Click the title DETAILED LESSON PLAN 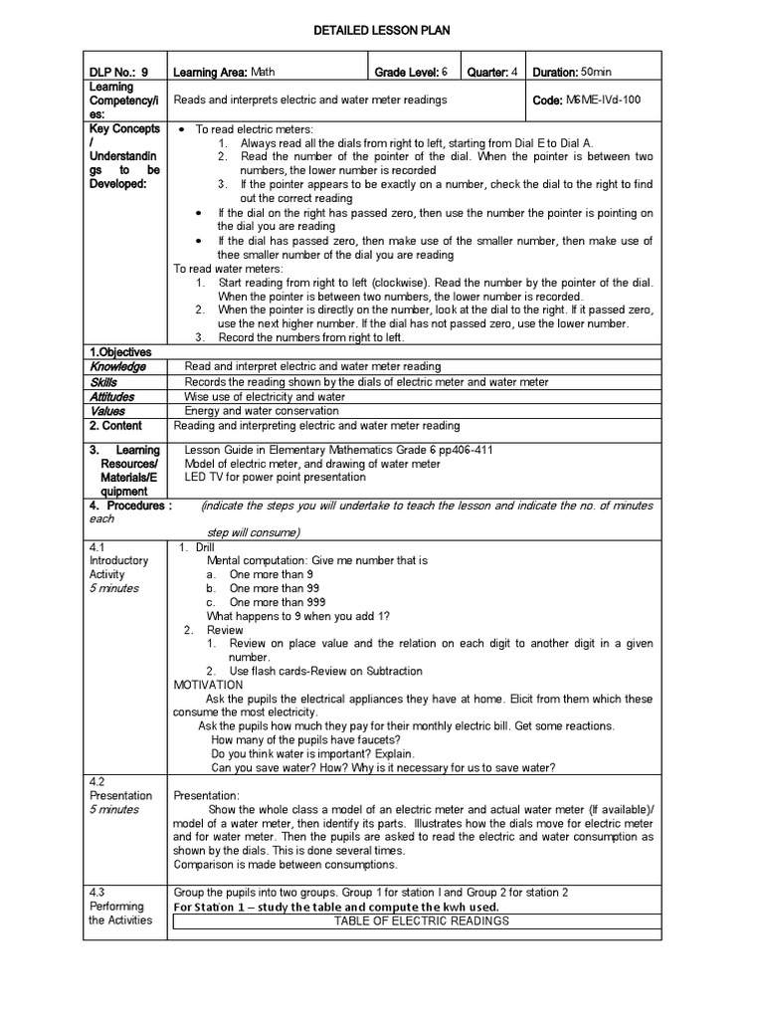(x=382, y=31)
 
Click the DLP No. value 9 (x=145, y=73)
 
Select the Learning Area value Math (x=263, y=73)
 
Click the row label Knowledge (x=118, y=367)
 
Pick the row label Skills (x=103, y=382)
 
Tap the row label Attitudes (x=112, y=397)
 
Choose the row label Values (x=108, y=411)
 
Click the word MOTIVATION (x=208, y=685)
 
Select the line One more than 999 (x=269, y=602)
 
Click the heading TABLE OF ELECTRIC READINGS (x=422, y=920)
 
